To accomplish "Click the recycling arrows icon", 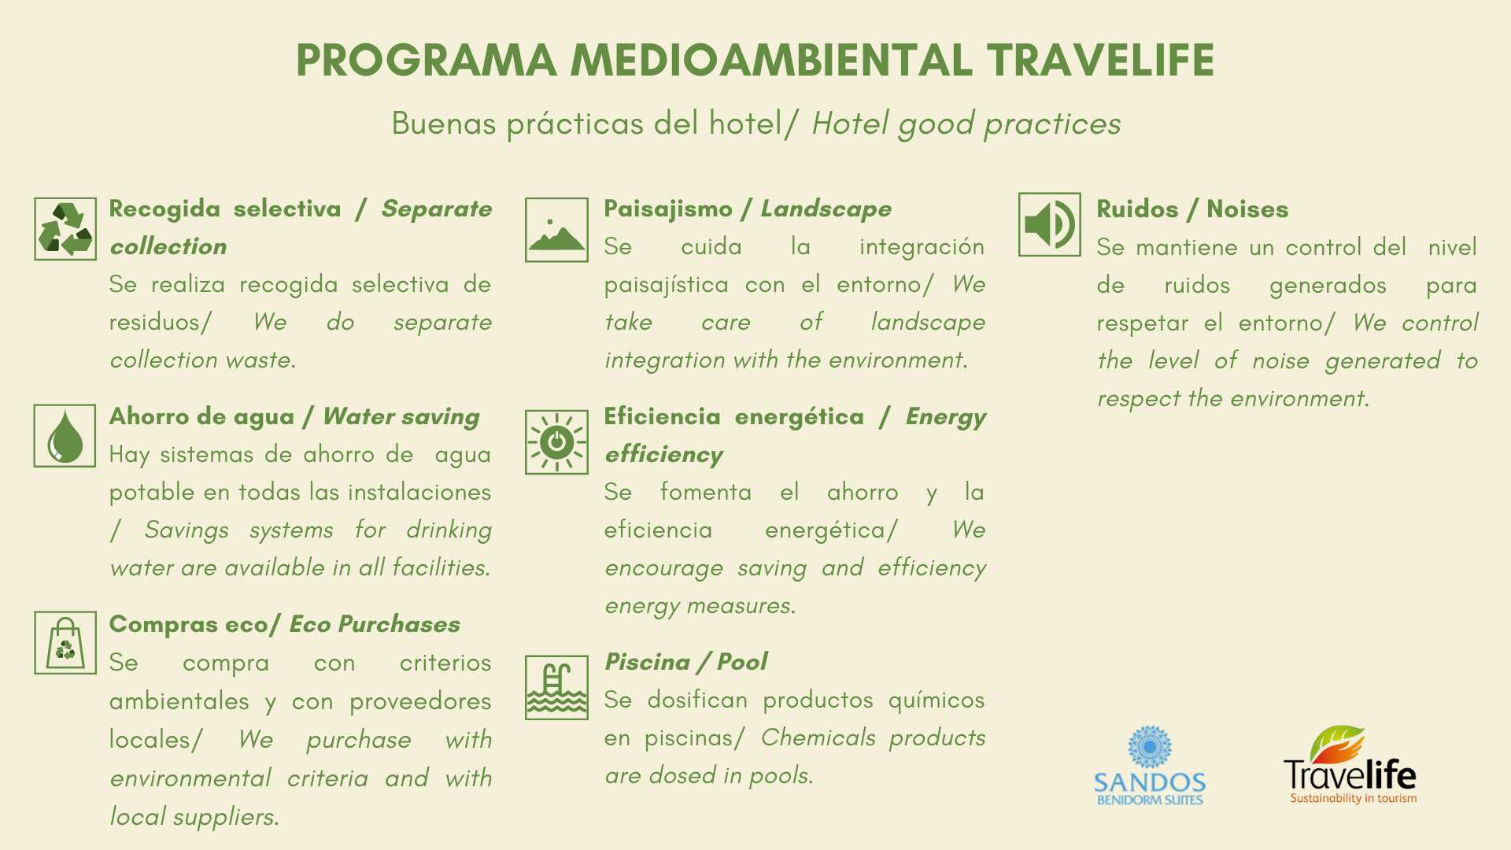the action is (x=65, y=229).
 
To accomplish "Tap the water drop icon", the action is (x=65, y=436).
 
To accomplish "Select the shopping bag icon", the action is (x=65, y=643).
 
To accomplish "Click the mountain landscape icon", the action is (x=556, y=230).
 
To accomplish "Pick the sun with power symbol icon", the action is (x=556, y=442).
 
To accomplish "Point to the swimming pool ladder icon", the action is (x=556, y=688).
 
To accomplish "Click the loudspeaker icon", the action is (x=1050, y=224).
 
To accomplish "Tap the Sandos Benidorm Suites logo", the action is (x=1150, y=766).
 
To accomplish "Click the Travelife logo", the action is (x=1350, y=765).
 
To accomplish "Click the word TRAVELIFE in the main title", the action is (x=1100, y=61).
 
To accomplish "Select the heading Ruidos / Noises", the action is (x=1192, y=209).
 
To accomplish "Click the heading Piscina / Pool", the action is (x=685, y=662).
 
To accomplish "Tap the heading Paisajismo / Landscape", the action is (x=748, y=209).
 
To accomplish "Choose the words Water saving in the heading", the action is (x=401, y=416).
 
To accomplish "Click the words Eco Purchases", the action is (x=375, y=624).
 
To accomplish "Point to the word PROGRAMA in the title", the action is (x=427, y=61).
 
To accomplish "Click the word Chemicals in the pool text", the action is (x=818, y=737).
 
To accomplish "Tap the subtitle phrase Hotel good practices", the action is (x=966, y=124).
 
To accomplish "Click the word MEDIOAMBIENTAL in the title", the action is (x=772, y=61).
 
